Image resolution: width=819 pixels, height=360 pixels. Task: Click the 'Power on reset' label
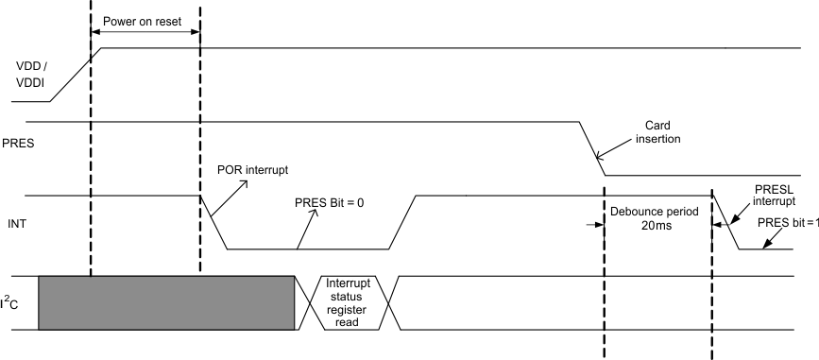tap(145, 19)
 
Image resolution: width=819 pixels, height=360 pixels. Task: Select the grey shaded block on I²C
tap(166, 303)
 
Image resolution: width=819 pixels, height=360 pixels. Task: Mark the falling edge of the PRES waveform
tap(592, 148)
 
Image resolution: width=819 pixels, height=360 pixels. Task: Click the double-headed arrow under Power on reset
tap(145, 35)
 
